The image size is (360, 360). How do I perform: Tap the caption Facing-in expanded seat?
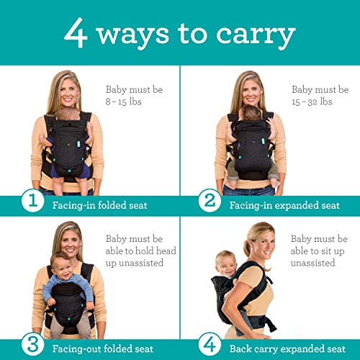click(x=284, y=205)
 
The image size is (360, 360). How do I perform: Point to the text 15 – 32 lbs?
click(x=312, y=102)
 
